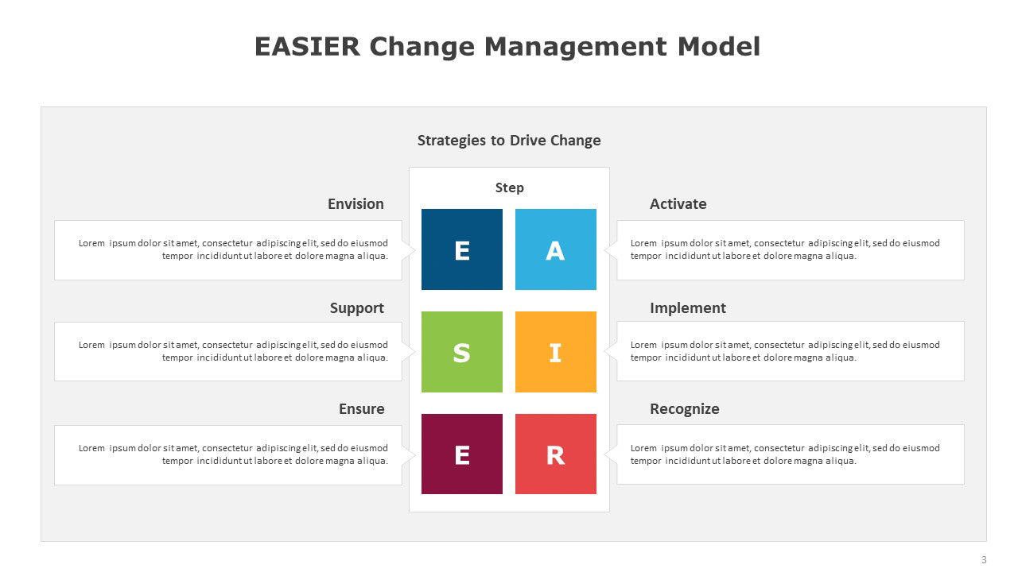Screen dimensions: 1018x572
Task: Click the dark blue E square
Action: pos(462,249)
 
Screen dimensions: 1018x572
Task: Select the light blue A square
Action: pos(555,249)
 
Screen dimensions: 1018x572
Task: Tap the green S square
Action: pos(462,352)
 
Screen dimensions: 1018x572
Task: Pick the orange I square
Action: pos(555,352)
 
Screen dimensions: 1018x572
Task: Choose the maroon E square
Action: pos(462,454)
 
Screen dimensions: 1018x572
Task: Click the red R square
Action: pos(555,454)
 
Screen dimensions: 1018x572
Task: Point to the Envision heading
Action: pos(356,204)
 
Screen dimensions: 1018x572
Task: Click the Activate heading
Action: pos(678,204)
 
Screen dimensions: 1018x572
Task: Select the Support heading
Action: pos(357,308)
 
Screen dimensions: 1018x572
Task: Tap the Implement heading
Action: pos(688,308)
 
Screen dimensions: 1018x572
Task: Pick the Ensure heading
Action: pos(361,408)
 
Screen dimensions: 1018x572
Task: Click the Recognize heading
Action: pos(685,409)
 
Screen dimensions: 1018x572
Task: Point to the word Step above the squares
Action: pos(510,188)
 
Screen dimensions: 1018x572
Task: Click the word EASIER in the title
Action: pos(307,46)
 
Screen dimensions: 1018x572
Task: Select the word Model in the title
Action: pos(719,46)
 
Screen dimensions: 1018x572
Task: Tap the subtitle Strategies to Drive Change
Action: pos(509,141)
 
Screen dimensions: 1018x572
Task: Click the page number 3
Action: pos(984,559)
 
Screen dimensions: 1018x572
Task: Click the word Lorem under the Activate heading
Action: pos(643,243)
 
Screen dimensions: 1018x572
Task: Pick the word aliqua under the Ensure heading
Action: pos(372,461)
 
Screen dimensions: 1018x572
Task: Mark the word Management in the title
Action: pos(576,47)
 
